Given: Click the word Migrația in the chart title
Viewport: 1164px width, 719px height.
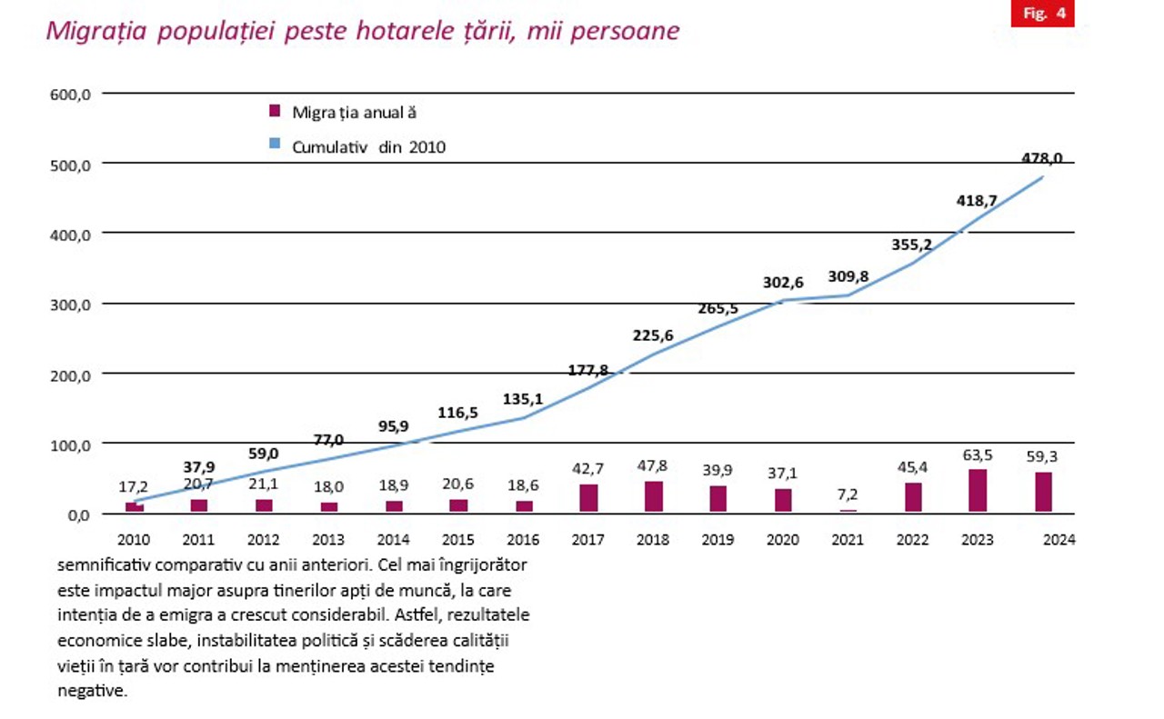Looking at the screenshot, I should (97, 31).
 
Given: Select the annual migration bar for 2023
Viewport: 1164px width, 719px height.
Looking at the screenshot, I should (978, 490).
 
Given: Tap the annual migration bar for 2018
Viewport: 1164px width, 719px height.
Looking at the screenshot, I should (653, 496).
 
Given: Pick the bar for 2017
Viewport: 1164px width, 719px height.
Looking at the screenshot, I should (588, 498).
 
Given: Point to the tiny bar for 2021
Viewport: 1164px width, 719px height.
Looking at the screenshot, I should (848, 511).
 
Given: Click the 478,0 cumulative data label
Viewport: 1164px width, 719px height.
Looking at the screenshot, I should (1041, 158).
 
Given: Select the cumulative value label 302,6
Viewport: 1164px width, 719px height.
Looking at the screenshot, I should (783, 283).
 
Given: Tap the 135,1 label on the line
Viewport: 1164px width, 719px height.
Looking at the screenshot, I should (523, 398).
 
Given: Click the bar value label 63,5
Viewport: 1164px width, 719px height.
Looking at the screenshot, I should (978, 455).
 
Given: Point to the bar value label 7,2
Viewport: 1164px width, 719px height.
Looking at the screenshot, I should (848, 496).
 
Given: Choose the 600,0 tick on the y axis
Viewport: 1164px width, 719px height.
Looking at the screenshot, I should (70, 94).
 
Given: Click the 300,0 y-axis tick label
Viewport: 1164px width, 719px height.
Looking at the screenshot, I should (70, 305).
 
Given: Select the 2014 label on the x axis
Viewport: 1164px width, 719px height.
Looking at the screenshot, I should (394, 539).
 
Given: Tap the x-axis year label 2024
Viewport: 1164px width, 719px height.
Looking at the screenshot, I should (1059, 539).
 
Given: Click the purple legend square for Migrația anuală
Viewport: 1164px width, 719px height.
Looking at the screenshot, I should (274, 112).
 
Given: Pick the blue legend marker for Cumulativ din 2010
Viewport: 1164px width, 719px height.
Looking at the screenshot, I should (274, 145).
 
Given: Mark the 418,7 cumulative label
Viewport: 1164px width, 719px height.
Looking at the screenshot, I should (977, 201).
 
